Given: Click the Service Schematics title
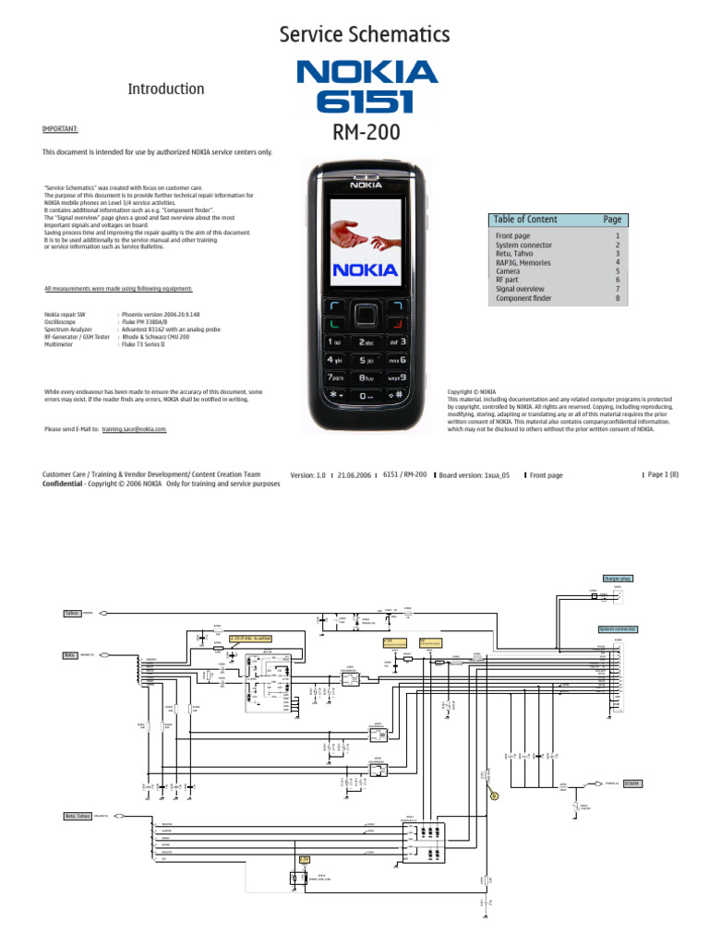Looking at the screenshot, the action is [365, 36].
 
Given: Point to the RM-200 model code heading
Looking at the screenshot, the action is [367, 132].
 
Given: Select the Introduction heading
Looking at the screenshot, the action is [165, 89].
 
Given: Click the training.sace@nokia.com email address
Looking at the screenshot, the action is [135, 429].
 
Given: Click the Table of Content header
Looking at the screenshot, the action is [525, 219].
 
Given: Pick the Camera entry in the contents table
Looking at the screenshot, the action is [509, 271].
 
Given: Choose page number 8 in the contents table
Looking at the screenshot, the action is [618, 298].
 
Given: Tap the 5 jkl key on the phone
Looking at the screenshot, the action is [367, 360].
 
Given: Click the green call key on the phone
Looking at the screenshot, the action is [335, 324].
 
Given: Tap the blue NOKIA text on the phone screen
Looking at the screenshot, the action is [367, 270].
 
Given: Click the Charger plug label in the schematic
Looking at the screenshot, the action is [617, 578].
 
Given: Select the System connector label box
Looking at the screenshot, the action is [617, 629].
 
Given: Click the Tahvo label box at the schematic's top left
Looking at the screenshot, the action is [72, 613].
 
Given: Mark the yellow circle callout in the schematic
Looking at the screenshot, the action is [494, 795].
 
